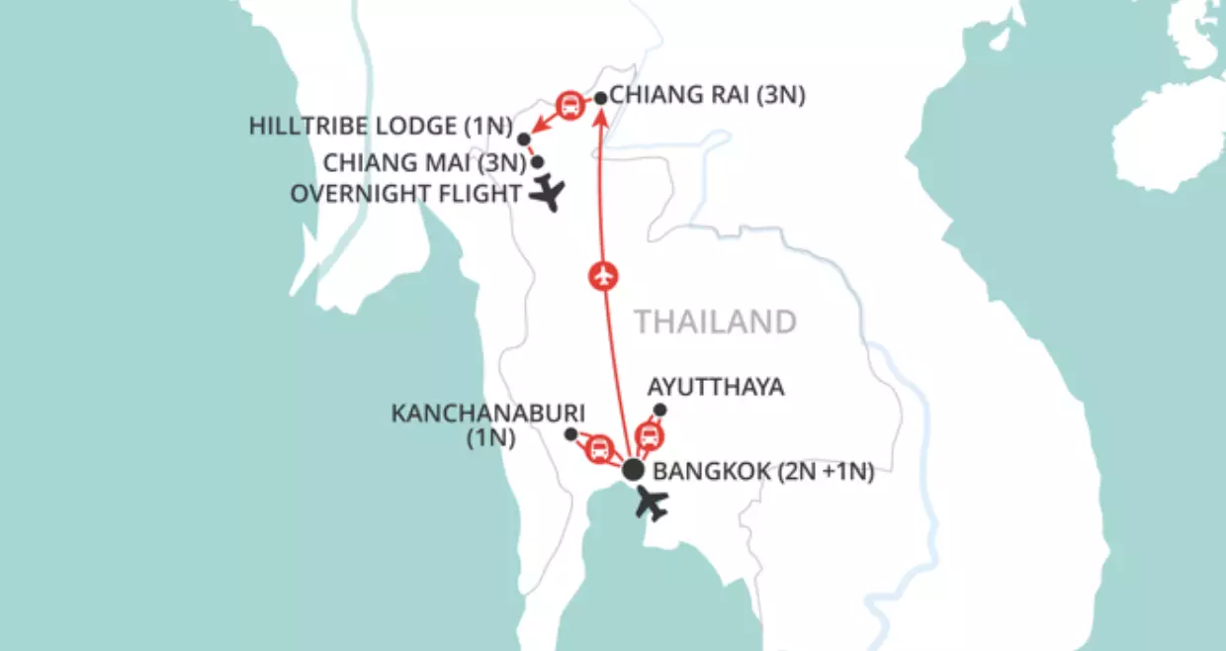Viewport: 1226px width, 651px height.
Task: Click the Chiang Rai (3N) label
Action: click(708, 96)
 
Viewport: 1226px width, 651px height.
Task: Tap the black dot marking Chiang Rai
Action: click(599, 98)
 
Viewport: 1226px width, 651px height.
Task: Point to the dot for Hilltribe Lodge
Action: click(524, 139)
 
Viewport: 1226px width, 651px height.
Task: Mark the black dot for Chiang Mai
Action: click(538, 161)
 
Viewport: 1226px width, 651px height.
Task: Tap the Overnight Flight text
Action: click(405, 194)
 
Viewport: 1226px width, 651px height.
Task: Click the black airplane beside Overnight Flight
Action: click(546, 195)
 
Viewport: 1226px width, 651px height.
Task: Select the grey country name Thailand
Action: click(715, 322)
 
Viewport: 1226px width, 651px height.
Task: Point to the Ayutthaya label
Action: click(716, 386)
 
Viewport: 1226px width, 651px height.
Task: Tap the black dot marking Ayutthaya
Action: click(660, 410)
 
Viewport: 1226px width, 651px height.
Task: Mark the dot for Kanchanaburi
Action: click(570, 433)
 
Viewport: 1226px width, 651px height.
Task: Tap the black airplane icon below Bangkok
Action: click(652, 503)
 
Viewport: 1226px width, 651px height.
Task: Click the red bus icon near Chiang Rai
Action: click(570, 104)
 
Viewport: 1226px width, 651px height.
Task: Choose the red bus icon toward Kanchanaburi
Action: click(599, 450)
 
